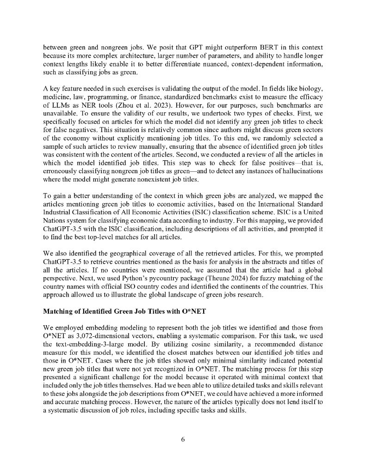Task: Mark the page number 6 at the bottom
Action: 183,439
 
